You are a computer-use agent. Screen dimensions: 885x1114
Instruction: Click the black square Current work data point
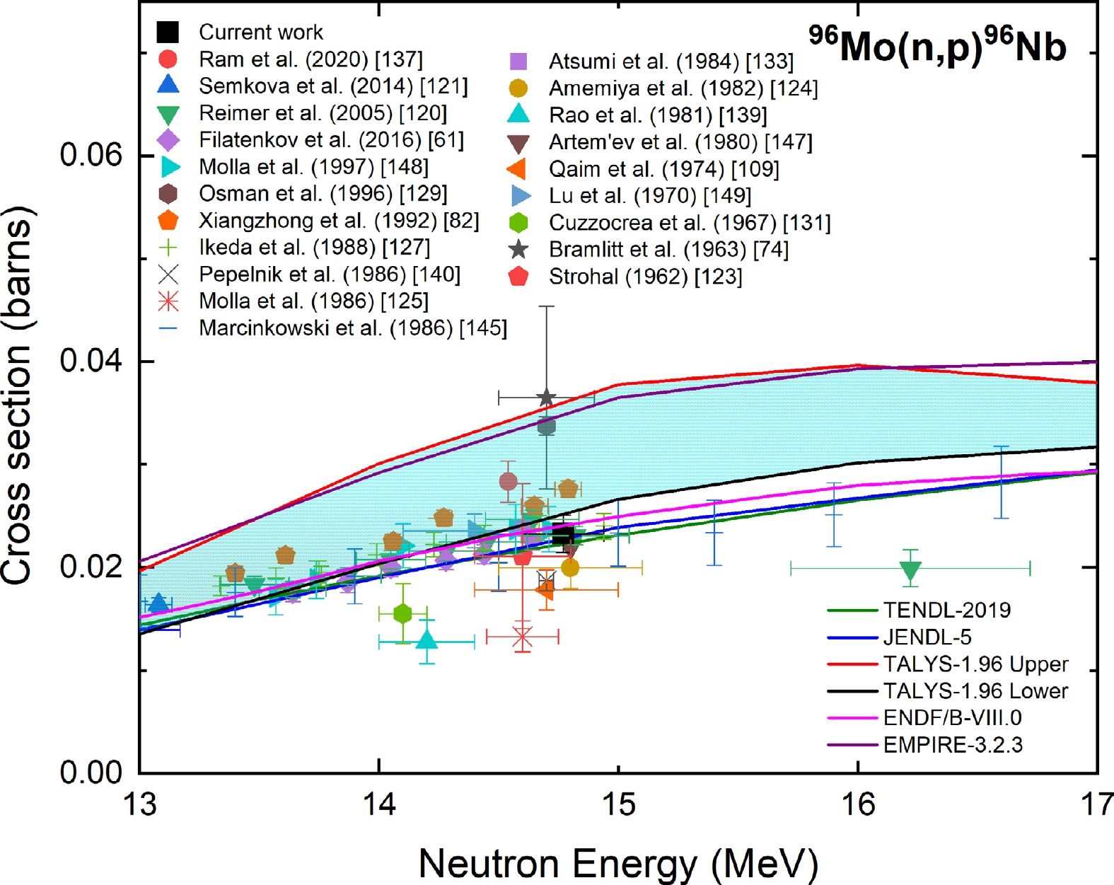click(563, 536)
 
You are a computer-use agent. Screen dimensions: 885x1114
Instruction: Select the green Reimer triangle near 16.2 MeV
click(911, 569)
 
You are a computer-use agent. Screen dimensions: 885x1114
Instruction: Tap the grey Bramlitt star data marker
click(545, 398)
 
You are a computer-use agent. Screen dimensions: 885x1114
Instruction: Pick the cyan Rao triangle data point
click(427, 640)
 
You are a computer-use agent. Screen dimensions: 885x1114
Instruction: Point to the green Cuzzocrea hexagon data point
click(402, 613)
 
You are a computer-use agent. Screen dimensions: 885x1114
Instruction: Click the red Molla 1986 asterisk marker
click(522, 637)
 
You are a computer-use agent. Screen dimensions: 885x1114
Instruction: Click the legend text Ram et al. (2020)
click(311, 59)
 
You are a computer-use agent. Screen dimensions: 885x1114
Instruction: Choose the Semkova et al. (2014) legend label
click(333, 86)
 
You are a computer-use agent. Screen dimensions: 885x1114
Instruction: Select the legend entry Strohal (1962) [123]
click(645, 277)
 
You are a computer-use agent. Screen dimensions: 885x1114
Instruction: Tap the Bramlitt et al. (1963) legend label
click(668, 250)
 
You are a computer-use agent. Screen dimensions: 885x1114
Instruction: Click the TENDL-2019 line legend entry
click(946, 610)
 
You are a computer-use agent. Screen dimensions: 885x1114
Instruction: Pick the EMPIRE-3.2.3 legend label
click(952, 744)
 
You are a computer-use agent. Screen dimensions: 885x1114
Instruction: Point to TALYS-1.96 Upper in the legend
click(975, 664)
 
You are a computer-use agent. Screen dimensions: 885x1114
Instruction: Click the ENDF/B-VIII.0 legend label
click(952, 717)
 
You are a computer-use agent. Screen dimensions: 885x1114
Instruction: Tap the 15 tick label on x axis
click(619, 804)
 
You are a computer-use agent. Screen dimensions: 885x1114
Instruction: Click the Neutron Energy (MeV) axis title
click(619, 864)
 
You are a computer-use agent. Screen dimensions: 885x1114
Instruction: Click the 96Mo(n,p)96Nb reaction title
click(937, 46)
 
